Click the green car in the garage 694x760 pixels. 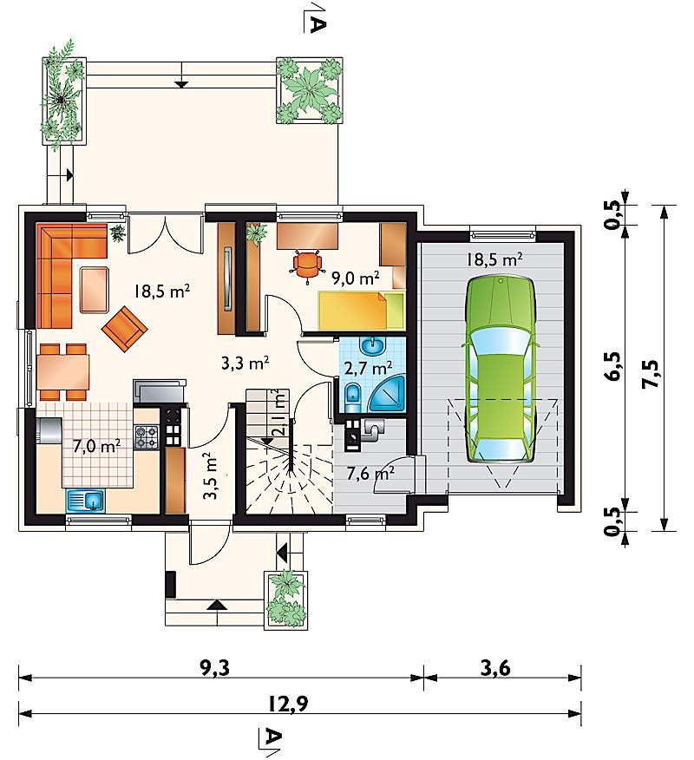pos(501,369)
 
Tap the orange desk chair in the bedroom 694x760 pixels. pos(308,265)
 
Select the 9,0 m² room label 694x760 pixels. pos(355,278)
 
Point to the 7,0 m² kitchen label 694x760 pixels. pos(97,446)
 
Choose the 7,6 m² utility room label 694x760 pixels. pos(370,473)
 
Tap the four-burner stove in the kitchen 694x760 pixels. pos(147,436)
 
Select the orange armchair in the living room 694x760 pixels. pos(124,329)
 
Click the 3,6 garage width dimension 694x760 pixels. pos(496,668)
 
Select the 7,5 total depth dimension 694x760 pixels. pos(650,373)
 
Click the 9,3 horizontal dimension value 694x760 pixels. pos(213,668)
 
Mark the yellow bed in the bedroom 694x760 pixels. pos(361,311)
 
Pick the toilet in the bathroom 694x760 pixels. pos(353,395)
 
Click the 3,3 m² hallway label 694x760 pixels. pos(246,363)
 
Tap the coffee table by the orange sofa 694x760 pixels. pos(95,290)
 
